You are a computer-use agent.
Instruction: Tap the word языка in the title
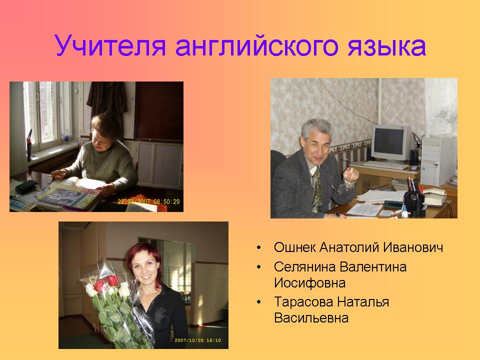pyautogui.click(x=386, y=47)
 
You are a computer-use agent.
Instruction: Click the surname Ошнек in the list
pyautogui.click(x=294, y=247)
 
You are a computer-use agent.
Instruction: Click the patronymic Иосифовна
pyautogui.click(x=310, y=283)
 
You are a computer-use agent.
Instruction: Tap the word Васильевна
pyautogui.click(x=311, y=318)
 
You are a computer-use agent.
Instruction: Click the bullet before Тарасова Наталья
pyautogui.click(x=259, y=302)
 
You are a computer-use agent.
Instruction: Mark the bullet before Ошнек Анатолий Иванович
pyautogui.click(x=259, y=247)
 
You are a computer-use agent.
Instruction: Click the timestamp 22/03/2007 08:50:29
pyautogui.click(x=149, y=201)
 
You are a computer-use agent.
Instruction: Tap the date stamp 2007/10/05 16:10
pyautogui.click(x=197, y=340)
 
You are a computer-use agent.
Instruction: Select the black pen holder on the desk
pyautogui.click(x=414, y=204)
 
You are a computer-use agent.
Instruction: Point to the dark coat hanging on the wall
pyautogui.click(x=107, y=100)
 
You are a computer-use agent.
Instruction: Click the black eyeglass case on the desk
pyautogui.click(x=26, y=186)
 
